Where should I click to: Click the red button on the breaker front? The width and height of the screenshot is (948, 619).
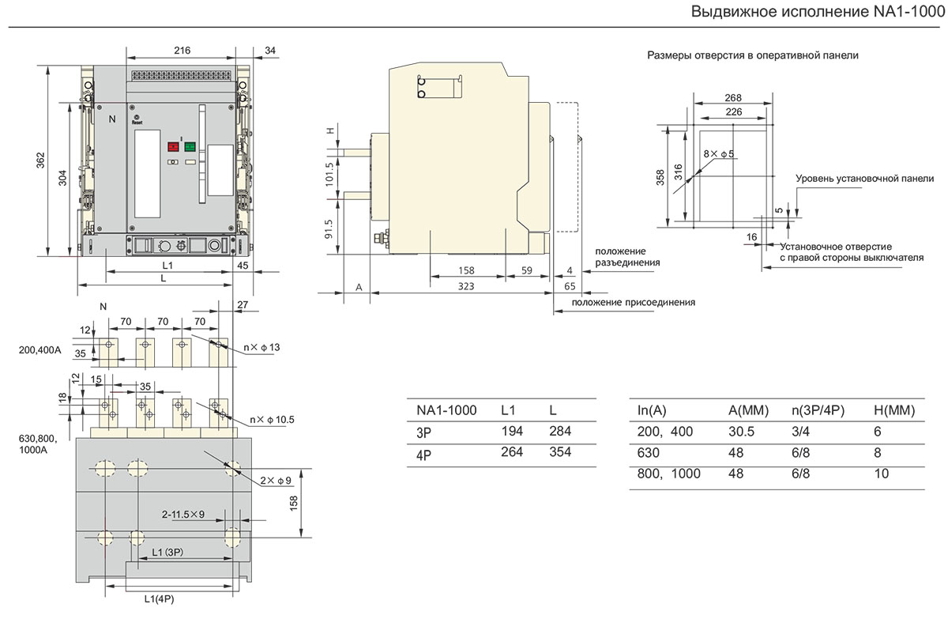[x=172, y=146]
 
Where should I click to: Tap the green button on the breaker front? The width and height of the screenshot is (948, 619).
[x=190, y=146]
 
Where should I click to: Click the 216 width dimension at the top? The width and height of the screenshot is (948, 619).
[x=182, y=51]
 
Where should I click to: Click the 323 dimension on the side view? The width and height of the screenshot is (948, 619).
[x=465, y=286]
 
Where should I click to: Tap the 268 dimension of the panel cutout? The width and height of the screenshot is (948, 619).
[x=732, y=98]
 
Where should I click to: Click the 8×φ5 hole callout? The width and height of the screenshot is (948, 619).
[x=720, y=153]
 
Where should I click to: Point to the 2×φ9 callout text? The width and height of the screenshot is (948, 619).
[x=275, y=479]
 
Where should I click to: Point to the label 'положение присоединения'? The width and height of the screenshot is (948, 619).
[x=634, y=302]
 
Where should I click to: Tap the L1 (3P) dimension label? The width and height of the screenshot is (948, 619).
[x=167, y=551]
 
